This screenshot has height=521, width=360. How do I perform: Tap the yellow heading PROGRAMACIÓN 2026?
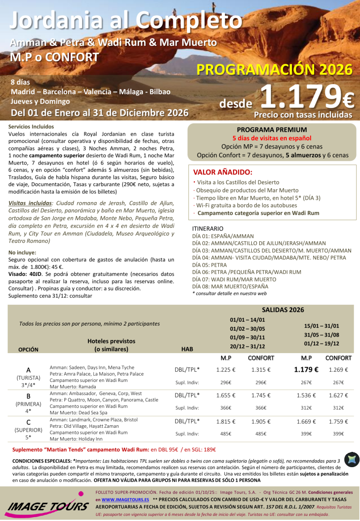pyautogui.click(x=274, y=69)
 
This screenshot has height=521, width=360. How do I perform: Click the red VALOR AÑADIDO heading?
pyautogui.click(x=222, y=172)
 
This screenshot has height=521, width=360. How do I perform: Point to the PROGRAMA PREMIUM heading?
pyautogui.click(x=272, y=130)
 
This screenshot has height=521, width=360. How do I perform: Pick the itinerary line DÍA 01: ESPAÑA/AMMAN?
pyautogui.click(x=223, y=236)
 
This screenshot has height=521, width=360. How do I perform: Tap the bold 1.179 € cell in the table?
pyautogui.click(x=306, y=370)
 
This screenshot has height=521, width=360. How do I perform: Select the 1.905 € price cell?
pyautogui.click(x=261, y=422)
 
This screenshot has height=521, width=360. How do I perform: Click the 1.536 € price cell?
pyautogui.click(x=306, y=396)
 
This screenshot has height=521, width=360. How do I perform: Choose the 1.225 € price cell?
pyautogui.click(x=225, y=370)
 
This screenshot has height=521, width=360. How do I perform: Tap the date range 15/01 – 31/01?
pyautogui.click(x=321, y=326)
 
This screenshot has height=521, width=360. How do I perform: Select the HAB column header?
pyautogui.click(x=187, y=349)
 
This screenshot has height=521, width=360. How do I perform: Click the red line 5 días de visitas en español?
pyautogui.click(x=272, y=138)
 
